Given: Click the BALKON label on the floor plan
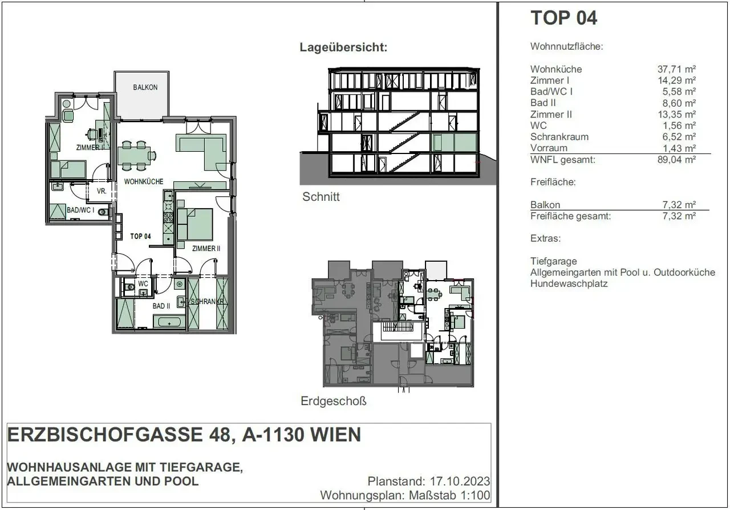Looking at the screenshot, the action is point(145,87).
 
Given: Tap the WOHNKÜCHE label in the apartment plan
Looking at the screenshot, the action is point(144,181).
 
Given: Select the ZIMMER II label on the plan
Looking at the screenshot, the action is point(206,249).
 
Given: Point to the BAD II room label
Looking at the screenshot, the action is point(161,306).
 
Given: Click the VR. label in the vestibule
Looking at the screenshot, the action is point(102,191).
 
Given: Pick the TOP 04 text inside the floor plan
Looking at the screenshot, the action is point(140,236).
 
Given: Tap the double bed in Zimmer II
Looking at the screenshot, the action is point(195,224).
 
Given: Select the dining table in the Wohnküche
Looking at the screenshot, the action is point(134,156).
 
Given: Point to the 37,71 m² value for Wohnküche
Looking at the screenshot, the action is point(676,69).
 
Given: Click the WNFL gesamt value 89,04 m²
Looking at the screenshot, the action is point(676,160).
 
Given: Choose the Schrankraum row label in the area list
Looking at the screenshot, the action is point(559,137).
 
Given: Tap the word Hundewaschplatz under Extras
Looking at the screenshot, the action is point(569,284).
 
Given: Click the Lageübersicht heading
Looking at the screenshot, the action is point(343,47).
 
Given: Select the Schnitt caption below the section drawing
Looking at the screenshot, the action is point(321,197).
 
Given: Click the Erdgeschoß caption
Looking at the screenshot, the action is point(334,401).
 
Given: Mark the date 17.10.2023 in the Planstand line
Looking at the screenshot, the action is point(460,481).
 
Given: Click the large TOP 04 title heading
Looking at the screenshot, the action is point(564,18).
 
